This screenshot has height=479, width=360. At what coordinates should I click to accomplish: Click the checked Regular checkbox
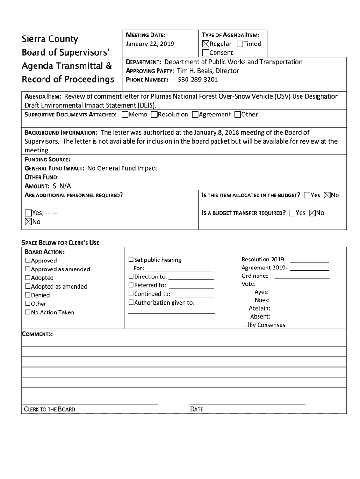(x=206, y=44)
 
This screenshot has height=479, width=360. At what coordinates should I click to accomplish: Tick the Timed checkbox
(x=240, y=44)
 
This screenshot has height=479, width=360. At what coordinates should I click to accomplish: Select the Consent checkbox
(x=206, y=53)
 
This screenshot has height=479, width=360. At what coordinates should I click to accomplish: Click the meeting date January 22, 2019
(x=150, y=44)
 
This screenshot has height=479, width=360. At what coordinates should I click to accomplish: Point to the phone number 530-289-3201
(x=198, y=80)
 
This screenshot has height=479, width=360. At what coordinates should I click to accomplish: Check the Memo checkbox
(x=125, y=115)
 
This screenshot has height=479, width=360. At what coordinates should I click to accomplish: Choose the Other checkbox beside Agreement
(x=238, y=115)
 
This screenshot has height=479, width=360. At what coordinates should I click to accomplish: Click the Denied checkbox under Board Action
(x=28, y=295)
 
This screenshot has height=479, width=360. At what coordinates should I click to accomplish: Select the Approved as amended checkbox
(x=28, y=269)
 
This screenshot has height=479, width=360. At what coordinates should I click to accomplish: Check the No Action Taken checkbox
(x=28, y=312)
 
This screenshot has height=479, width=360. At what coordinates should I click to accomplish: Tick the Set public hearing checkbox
(x=131, y=260)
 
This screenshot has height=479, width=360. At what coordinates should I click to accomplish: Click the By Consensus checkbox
(x=246, y=325)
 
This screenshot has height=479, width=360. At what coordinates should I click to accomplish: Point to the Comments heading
(x=37, y=334)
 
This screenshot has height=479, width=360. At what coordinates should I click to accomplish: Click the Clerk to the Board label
(x=50, y=409)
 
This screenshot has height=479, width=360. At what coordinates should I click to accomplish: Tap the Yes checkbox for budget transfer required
(x=292, y=213)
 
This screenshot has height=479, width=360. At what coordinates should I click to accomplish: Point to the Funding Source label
(x=47, y=160)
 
